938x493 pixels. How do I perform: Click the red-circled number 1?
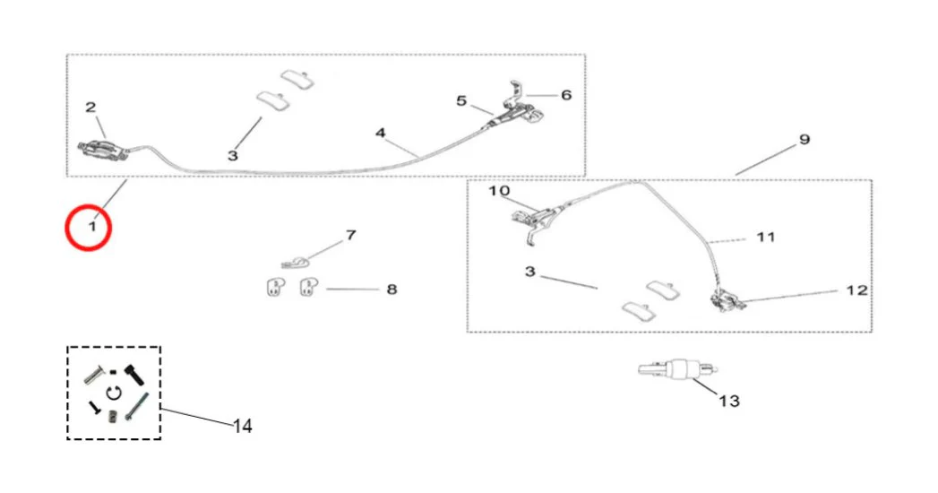pyautogui.click(x=91, y=228)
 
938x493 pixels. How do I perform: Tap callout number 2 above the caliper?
pyautogui.click(x=90, y=108)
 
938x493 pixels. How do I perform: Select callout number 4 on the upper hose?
pyautogui.click(x=380, y=133)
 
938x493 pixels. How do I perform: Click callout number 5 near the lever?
pyautogui.click(x=461, y=101)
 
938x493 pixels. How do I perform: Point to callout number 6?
pyautogui.click(x=565, y=94)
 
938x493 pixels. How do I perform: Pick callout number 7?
pyautogui.click(x=350, y=236)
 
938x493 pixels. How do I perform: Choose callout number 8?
pyautogui.click(x=392, y=290)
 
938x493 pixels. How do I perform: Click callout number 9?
pyautogui.click(x=804, y=139)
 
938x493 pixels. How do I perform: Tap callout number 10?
pyautogui.click(x=499, y=191)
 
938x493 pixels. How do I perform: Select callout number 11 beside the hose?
pyautogui.click(x=765, y=238)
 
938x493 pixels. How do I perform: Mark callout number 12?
pyautogui.click(x=856, y=290)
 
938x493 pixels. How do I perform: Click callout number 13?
pyautogui.click(x=729, y=400)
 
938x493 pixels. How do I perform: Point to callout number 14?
pyautogui.click(x=243, y=427)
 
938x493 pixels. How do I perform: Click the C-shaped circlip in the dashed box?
pyautogui.click(x=113, y=392)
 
